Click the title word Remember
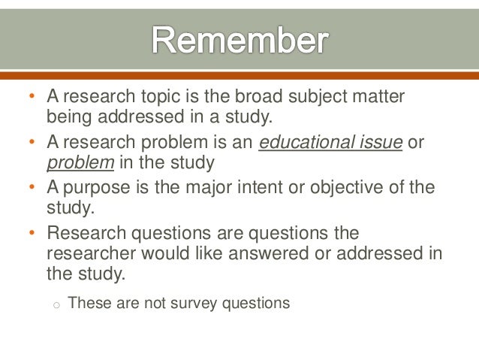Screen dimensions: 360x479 pyautogui.click(x=239, y=41)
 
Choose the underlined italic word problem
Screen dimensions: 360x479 pyautogui.click(x=80, y=163)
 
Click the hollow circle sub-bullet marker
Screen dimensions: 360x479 pyautogui.click(x=56, y=305)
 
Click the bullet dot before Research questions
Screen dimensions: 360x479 pyautogui.click(x=32, y=234)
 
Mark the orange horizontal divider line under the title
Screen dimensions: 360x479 pyautogui.click(x=239, y=75)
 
